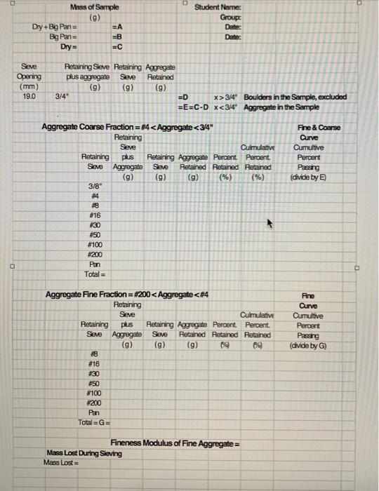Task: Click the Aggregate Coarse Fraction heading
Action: pos(127,127)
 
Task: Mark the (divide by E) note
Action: pos(322,177)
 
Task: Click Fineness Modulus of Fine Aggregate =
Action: pos(175,444)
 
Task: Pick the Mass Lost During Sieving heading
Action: pos(81,453)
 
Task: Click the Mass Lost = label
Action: pos(60,463)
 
